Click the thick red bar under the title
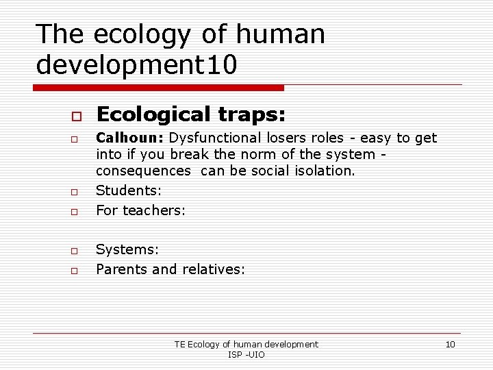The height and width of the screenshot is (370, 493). (x=158, y=88)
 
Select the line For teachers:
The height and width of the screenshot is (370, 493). (x=140, y=210)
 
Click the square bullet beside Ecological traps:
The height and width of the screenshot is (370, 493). (x=71, y=114)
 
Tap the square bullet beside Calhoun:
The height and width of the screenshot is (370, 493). (x=71, y=140)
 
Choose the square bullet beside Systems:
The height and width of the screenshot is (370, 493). (x=71, y=252)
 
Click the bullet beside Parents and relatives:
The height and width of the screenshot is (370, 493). (x=71, y=271)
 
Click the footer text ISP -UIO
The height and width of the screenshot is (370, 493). (x=246, y=354)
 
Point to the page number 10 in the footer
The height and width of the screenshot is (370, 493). (x=450, y=344)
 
